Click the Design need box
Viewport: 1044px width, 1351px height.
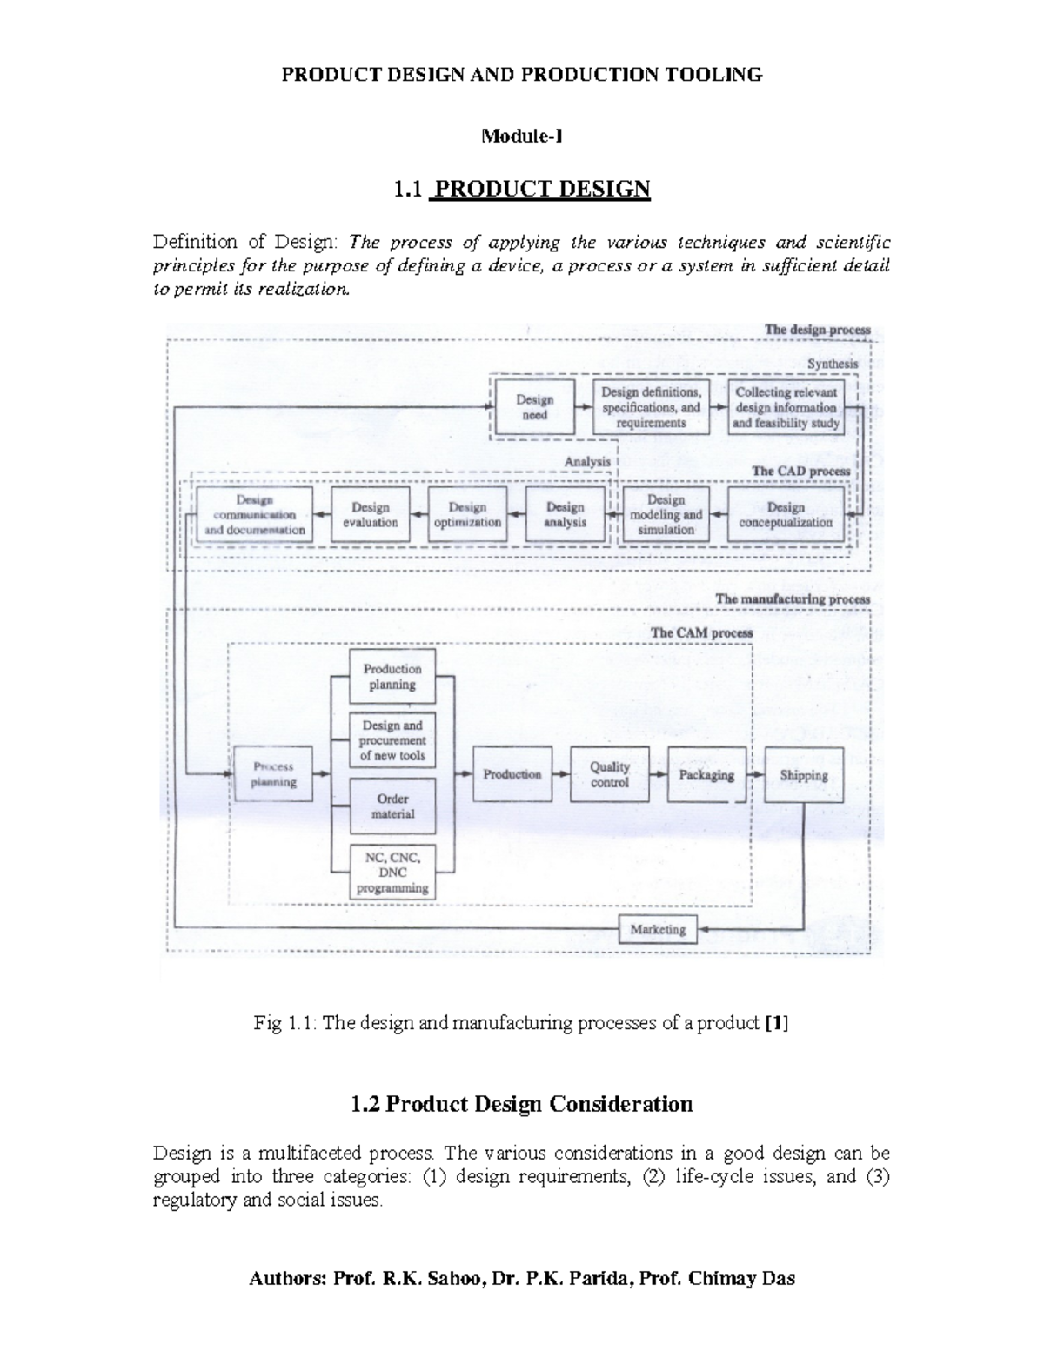tap(533, 406)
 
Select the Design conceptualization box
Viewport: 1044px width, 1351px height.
tap(786, 514)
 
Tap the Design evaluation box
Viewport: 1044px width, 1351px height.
tap(371, 514)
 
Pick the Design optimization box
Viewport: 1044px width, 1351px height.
tap(467, 514)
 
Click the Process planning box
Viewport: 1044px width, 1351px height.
tap(274, 774)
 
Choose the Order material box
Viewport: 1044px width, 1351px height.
tap(392, 806)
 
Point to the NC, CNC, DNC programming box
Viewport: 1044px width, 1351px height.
tap(392, 872)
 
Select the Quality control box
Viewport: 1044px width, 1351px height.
tap(610, 774)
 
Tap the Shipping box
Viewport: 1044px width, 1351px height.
tap(804, 774)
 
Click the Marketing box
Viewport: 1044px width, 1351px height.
tap(659, 929)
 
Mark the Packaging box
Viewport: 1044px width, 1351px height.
tap(706, 774)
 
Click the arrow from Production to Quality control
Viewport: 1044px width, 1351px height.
tap(561, 774)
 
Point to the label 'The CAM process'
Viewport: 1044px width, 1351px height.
tap(701, 632)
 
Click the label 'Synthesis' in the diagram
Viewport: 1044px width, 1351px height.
tap(833, 364)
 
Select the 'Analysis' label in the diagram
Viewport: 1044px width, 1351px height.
tap(587, 461)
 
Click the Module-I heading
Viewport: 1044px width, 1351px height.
tap(522, 136)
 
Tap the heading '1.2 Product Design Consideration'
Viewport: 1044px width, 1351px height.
tap(521, 1104)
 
